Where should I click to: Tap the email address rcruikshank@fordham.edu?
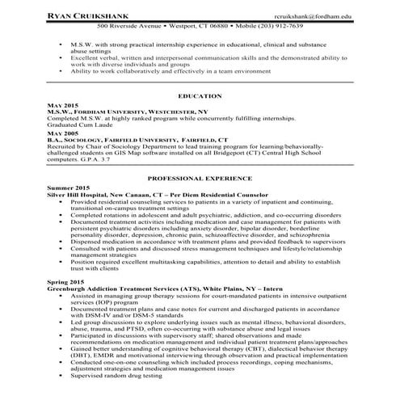click(311, 15)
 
